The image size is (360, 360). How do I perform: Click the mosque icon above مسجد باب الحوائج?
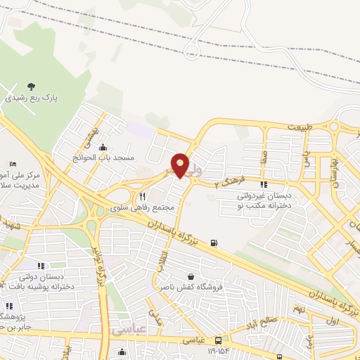pos(103,147)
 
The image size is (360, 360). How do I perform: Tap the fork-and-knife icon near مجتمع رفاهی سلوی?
pos(143,197)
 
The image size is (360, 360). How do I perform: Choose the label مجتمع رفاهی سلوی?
pos(143,208)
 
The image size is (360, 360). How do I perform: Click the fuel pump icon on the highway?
pos(214,244)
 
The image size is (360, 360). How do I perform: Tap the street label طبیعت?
pos(300,127)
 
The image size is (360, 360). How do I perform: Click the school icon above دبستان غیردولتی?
pos(264,185)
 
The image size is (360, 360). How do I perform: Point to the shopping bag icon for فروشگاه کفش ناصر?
pos(191,276)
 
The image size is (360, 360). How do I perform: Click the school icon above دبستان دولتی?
pos(41,265)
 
